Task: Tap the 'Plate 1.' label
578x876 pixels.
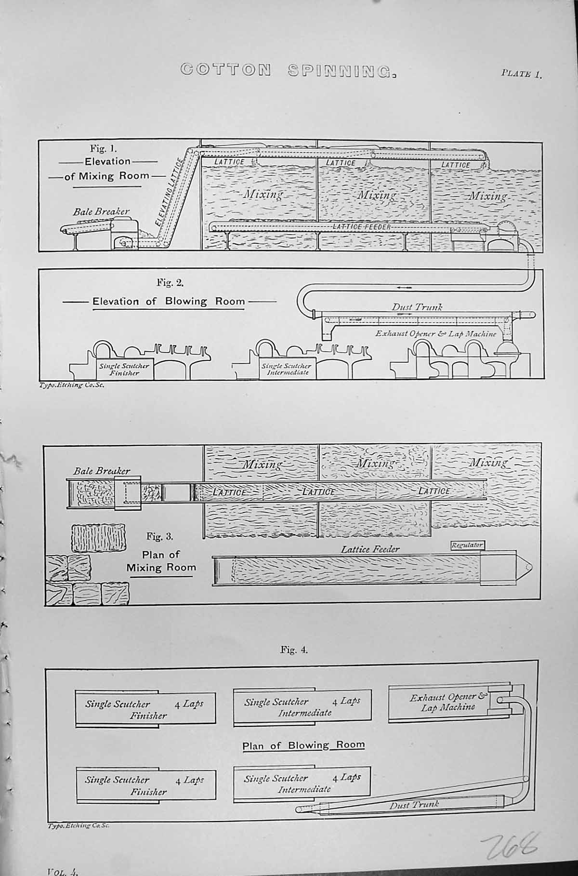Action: (522, 74)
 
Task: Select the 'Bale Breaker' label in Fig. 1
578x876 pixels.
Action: (101, 211)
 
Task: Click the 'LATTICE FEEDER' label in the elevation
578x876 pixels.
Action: (362, 226)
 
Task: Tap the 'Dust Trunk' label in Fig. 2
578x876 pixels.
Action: (417, 306)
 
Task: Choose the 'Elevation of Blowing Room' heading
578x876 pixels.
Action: (169, 302)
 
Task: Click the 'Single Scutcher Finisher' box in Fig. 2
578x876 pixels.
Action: (125, 369)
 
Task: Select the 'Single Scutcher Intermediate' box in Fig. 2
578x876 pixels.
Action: (287, 369)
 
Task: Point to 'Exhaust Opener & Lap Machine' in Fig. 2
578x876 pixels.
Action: (435, 333)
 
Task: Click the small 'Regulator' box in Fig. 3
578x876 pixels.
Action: (467, 545)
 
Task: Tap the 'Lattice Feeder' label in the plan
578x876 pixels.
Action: (370, 549)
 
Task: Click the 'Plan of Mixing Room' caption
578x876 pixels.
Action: (161, 561)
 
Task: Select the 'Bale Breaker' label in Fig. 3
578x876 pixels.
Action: (102, 471)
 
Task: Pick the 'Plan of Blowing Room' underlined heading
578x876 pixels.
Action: (303, 745)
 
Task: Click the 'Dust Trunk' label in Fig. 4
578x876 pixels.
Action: (414, 804)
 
